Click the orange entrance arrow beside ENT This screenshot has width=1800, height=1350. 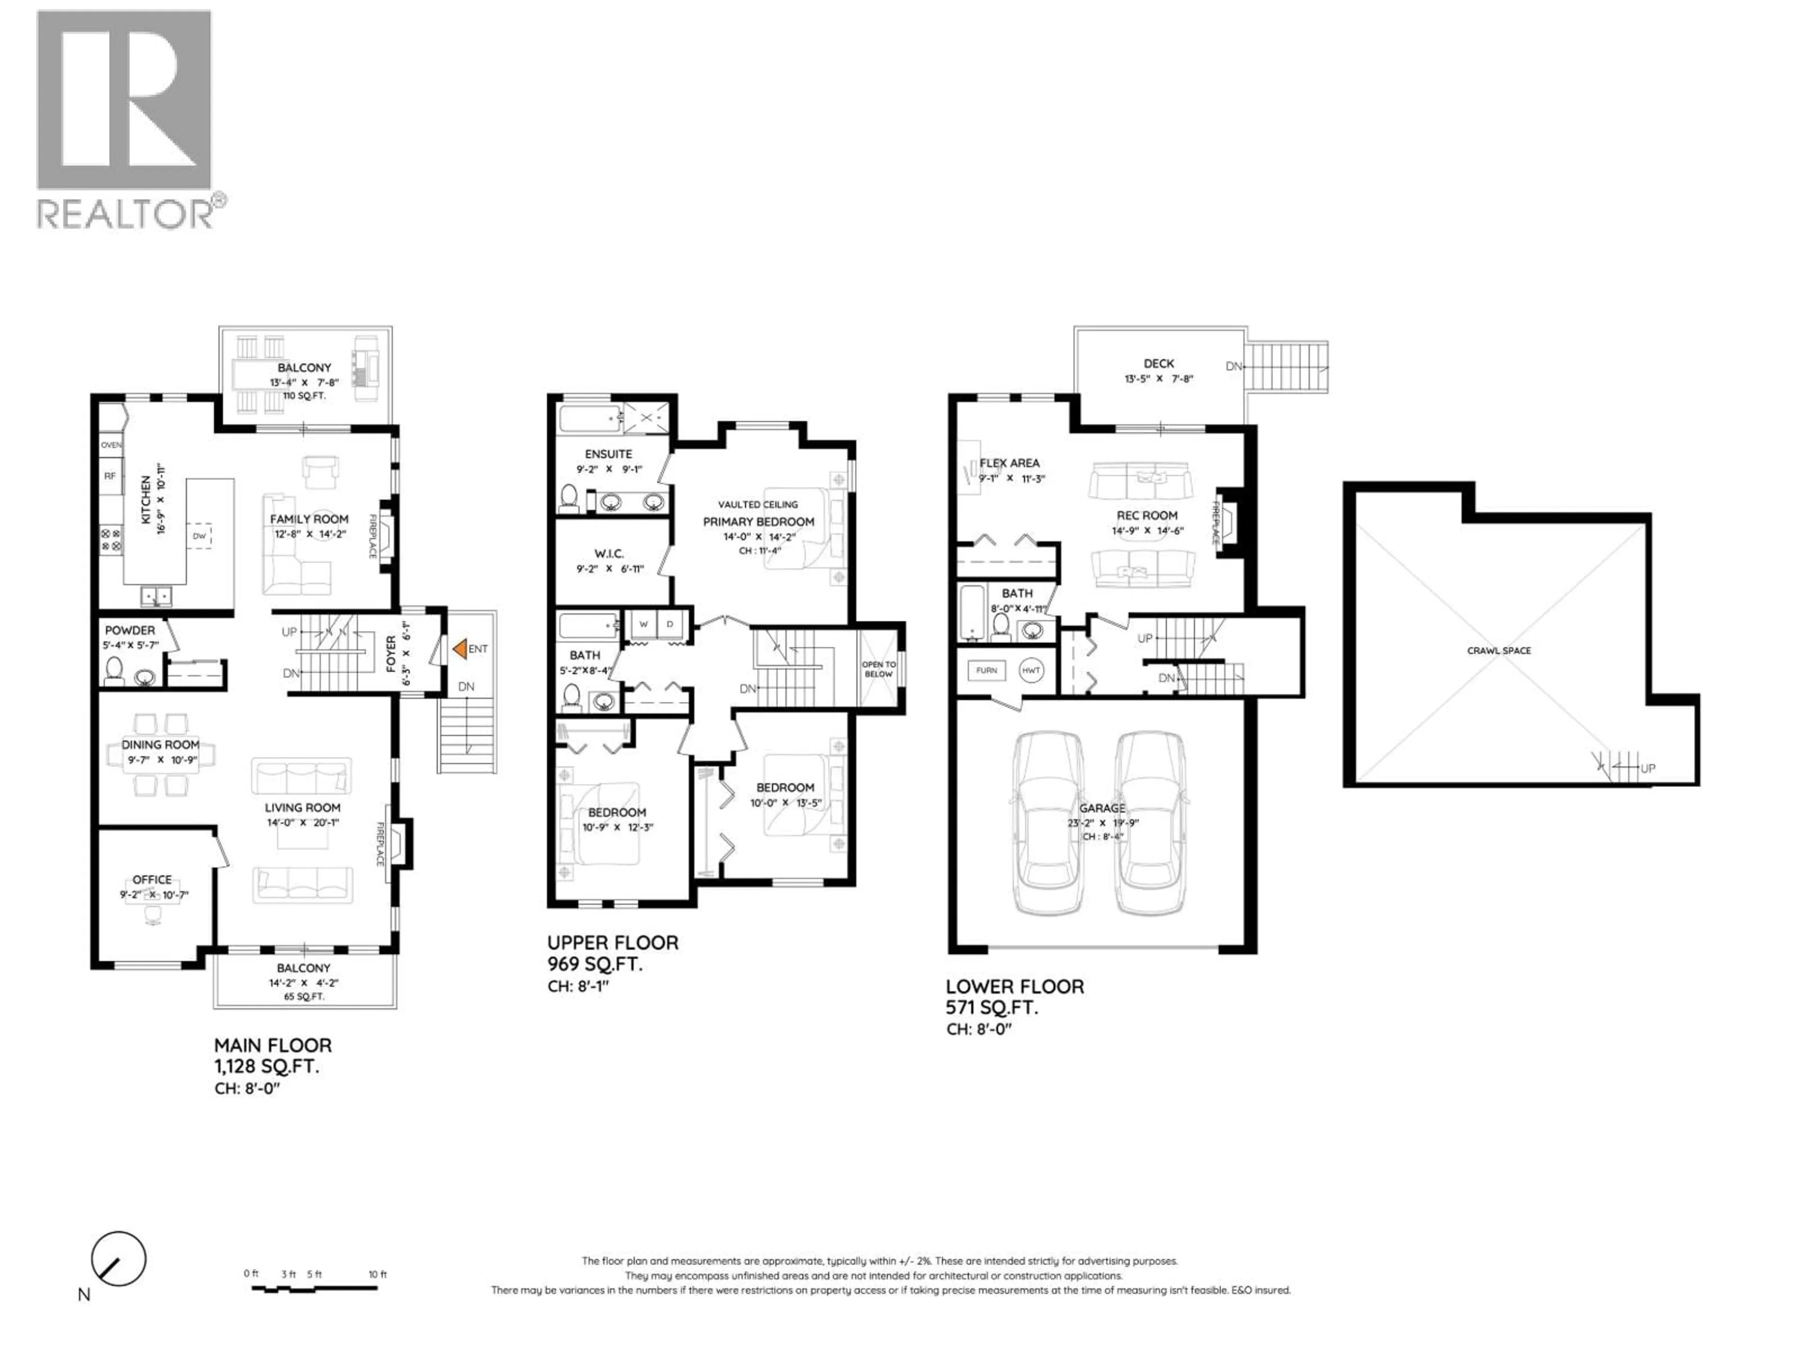click(x=459, y=649)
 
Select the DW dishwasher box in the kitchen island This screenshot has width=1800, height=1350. click(x=199, y=535)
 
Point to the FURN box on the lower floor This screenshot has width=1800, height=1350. click(x=986, y=670)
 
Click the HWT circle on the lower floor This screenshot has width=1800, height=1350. click(x=1031, y=670)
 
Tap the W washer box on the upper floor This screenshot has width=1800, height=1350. click(x=644, y=624)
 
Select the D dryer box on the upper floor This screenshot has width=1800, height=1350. click(x=670, y=624)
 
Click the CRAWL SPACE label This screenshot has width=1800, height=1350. click(x=1499, y=650)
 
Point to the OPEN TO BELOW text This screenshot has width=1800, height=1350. click(x=879, y=669)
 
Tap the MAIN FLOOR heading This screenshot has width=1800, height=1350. click(x=273, y=1046)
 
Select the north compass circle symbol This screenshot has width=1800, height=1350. click(x=119, y=1260)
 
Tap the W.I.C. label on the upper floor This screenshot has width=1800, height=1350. click(x=609, y=553)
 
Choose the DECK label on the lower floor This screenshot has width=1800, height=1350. click(x=1159, y=364)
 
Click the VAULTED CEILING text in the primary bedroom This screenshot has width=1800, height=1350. click(x=757, y=504)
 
